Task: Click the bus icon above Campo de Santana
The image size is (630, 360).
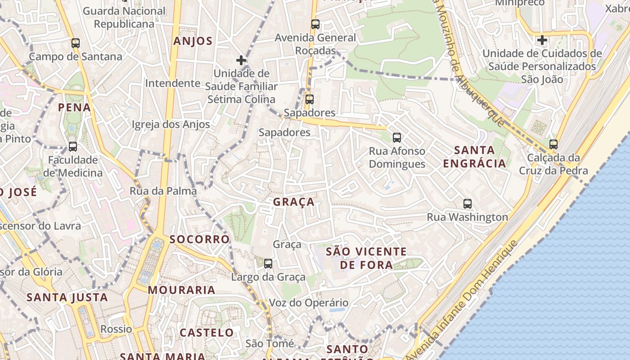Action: [76, 43]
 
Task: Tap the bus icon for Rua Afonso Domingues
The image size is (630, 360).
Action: [396, 137]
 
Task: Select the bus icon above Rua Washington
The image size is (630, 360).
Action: [468, 204]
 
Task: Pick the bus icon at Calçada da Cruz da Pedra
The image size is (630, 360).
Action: [553, 144]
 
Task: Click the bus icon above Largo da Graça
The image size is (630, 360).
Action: [268, 263]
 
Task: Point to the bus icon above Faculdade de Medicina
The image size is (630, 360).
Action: [72, 147]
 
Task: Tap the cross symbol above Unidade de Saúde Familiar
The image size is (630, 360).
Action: [241, 60]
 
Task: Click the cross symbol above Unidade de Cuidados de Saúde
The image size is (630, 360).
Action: [542, 40]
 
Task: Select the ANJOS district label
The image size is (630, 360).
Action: [193, 41]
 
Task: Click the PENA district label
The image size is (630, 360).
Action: [74, 108]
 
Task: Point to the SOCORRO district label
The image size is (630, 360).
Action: [200, 239]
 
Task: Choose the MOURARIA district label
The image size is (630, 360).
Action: [182, 290]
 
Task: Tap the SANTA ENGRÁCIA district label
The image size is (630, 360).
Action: [475, 157]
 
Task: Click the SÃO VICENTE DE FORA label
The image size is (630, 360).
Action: [366, 258]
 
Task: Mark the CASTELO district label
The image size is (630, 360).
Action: [207, 333]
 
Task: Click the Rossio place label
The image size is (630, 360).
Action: [116, 329]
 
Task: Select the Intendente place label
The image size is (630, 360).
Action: [172, 83]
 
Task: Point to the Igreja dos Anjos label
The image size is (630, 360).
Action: [171, 125]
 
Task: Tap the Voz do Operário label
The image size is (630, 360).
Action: [309, 303]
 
